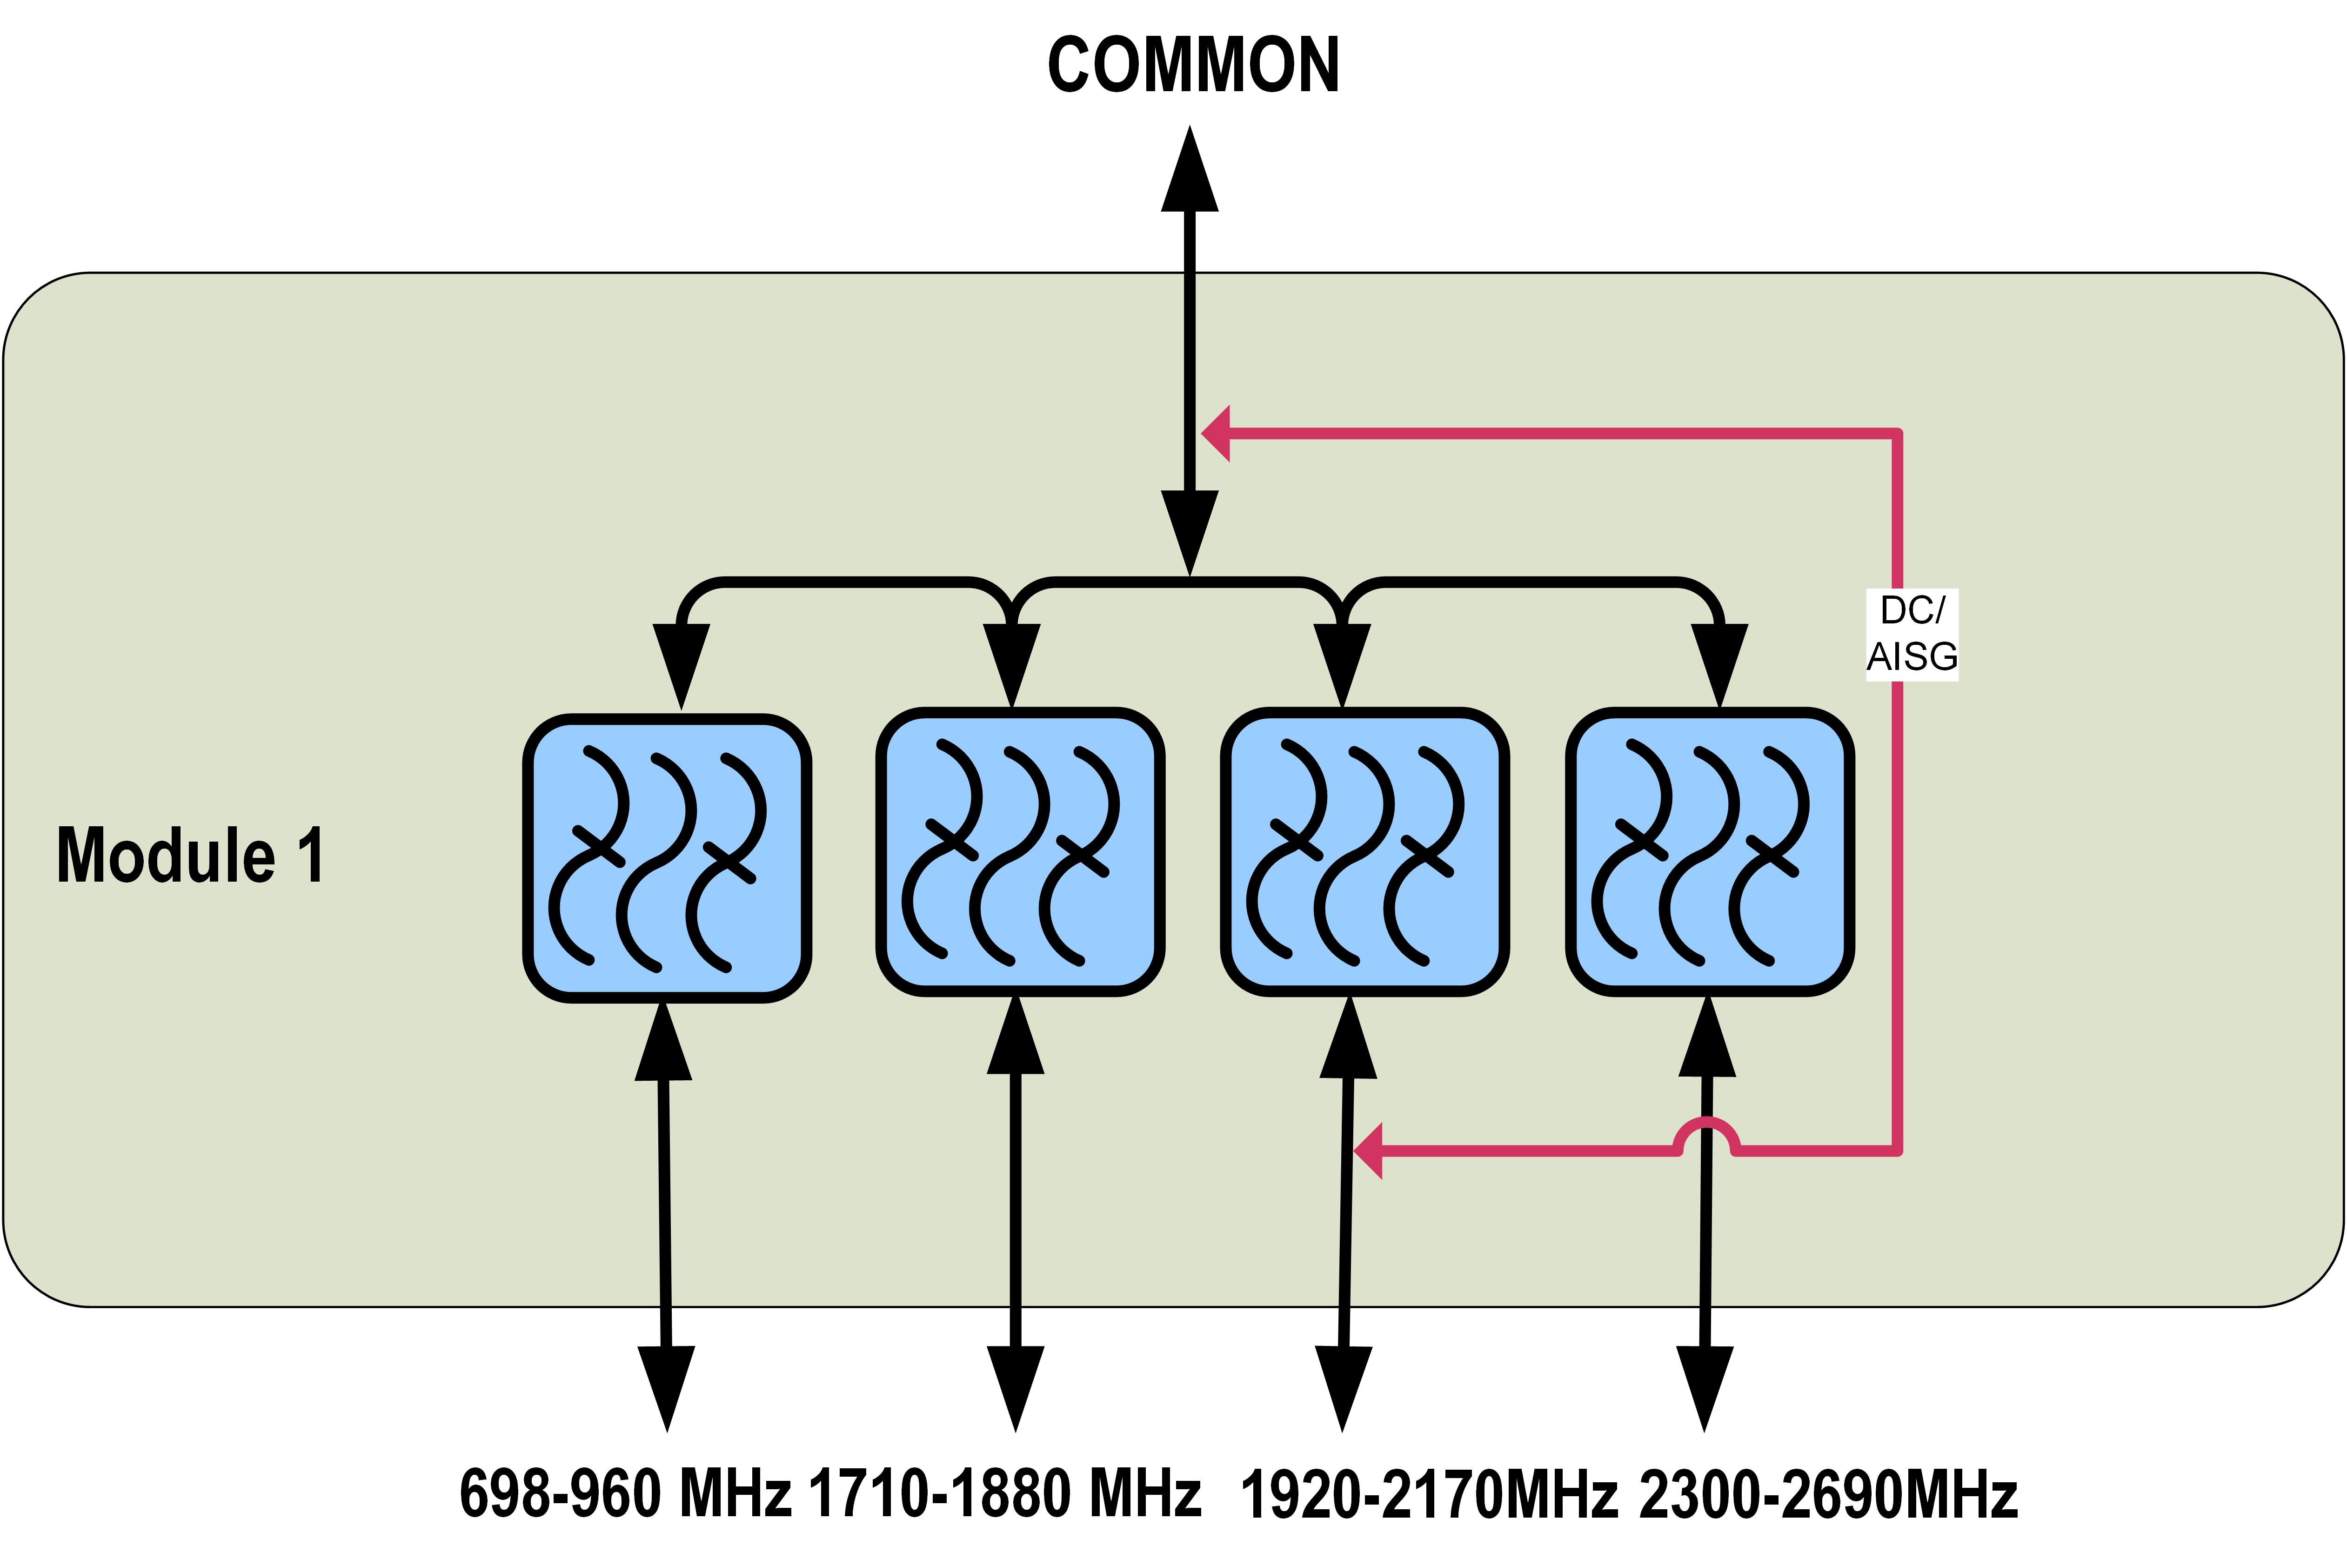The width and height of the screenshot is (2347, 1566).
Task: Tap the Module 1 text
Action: pos(190,856)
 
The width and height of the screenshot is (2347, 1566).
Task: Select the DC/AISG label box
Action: pos(1912,634)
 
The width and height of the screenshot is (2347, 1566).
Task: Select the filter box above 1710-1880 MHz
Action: pos(1020,852)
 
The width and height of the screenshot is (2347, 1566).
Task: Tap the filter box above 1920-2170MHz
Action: pos(1364,852)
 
